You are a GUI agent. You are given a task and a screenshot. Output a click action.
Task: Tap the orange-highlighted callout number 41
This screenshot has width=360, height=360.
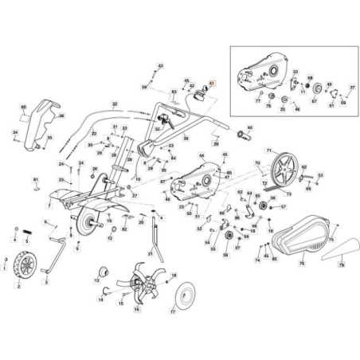coord(212,82)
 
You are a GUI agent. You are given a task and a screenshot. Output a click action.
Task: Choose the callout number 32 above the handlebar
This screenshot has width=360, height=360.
coord(115,104)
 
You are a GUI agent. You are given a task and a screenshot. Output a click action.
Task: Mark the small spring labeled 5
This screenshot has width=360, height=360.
coord(25,232)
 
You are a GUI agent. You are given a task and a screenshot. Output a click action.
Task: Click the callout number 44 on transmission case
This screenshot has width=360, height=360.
coord(202,156)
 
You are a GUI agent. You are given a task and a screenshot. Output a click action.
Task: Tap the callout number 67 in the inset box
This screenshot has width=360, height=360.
coord(314,101)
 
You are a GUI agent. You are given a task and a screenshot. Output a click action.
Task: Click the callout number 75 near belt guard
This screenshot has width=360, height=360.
coord(331,239)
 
